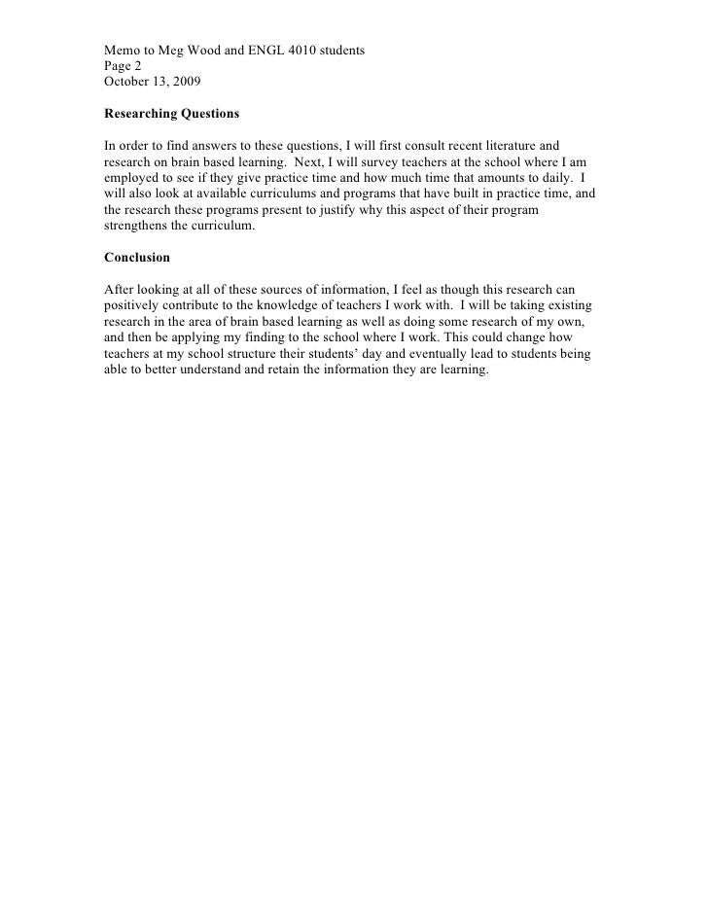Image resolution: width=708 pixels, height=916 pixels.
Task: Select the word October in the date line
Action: pyautogui.click(x=128, y=82)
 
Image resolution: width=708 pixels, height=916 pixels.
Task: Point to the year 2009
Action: pyautogui.click(x=186, y=82)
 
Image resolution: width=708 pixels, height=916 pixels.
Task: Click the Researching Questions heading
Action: pyautogui.click(x=171, y=114)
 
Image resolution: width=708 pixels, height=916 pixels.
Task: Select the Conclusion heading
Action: pyautogui.click(x=137, y=258)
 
